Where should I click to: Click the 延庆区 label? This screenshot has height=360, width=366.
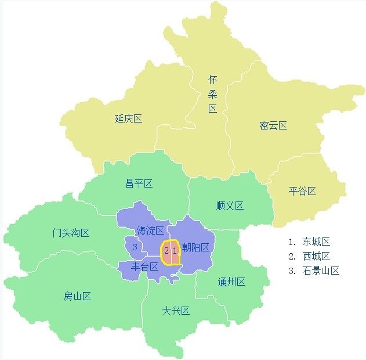coord(128,119)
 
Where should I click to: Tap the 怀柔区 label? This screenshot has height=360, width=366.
coord(212,93)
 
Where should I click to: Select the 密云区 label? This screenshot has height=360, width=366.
coord(273,125)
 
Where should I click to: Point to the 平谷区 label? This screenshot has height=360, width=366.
coord(302,191)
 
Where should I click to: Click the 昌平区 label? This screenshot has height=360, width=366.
coord(139,183)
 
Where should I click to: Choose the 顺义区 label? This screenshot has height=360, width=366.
coord(230,206)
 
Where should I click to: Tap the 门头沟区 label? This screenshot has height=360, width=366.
coord(71,233)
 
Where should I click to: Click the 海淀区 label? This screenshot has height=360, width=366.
coord(150,231)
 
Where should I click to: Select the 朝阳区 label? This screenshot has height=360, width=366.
coord(195,247)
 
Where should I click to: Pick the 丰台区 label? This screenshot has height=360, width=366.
coord(144,267)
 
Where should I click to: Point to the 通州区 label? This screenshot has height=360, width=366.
coord(231,282)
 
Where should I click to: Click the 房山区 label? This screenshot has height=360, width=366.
coord(78,296)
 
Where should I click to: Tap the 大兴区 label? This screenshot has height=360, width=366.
coord(176,311)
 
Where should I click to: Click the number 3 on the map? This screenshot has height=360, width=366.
coord(135,247)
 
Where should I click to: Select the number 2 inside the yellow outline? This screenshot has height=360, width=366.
coord(166,251)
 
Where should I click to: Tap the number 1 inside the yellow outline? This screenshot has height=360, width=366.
coord(174,251)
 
